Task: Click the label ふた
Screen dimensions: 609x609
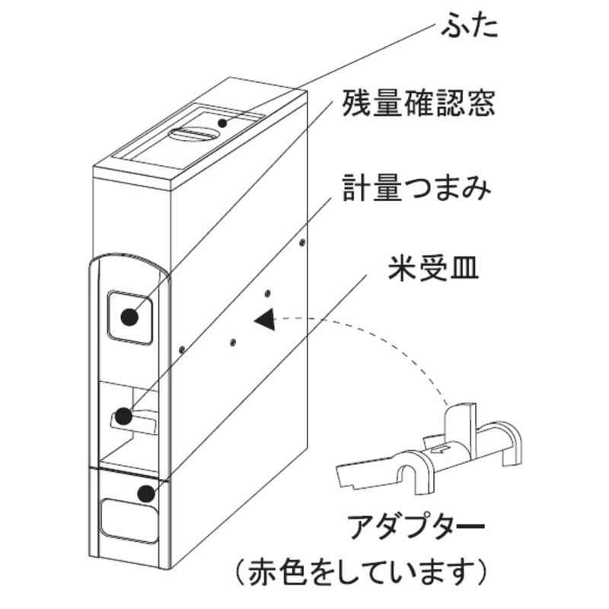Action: pyautogui.click(x=470, y=28)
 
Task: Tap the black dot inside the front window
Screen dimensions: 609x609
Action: pyautogui.click(x=130, y=316)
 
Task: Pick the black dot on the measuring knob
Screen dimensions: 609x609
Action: pyautogui.click(x=121, y=416)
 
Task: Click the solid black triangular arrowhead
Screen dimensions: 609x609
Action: pyautogui.click(x=266, y=320)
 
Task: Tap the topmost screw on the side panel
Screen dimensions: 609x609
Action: pyautogui.click(x=304, y=241)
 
